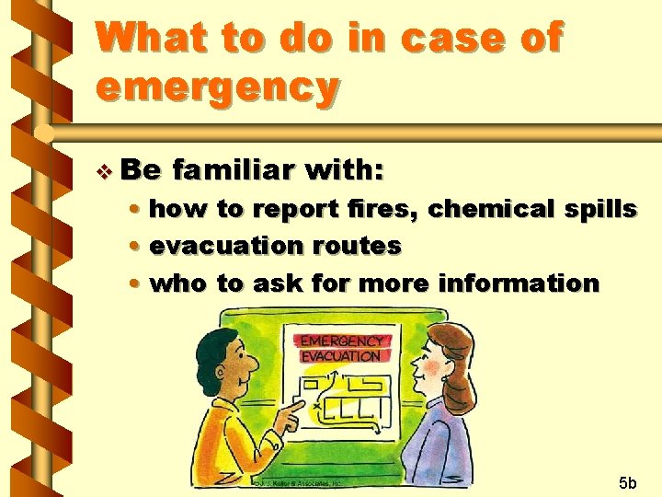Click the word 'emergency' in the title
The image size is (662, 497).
217,87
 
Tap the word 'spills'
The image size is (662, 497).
597,209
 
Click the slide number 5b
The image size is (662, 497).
630,482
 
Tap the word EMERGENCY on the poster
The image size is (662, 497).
340,341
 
